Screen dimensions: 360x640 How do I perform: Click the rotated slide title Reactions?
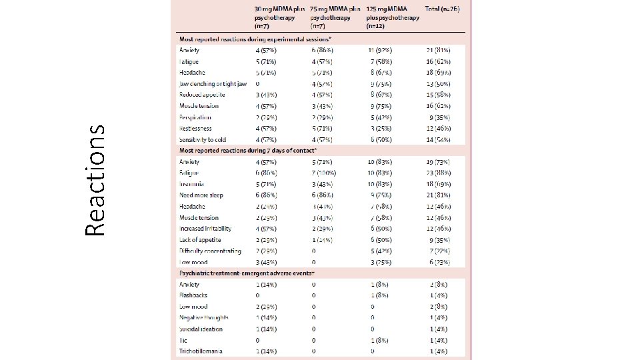tap(97, 181)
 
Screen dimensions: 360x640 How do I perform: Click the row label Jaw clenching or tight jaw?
tap(213, 84)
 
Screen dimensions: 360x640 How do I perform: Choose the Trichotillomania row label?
tap(201, 351)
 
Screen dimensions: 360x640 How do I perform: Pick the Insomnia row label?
tap(191, 184)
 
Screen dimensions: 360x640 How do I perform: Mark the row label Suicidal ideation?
tap(201, 329)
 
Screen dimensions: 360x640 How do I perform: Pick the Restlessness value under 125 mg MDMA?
tap(382, 128)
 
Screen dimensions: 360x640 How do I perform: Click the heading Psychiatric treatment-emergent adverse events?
tap(247, 273)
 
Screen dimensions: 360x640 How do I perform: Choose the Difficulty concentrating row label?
tap(209, 251)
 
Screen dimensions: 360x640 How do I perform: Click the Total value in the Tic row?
tap(438, 340)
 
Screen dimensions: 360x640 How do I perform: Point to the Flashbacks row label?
tap(193, 295)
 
